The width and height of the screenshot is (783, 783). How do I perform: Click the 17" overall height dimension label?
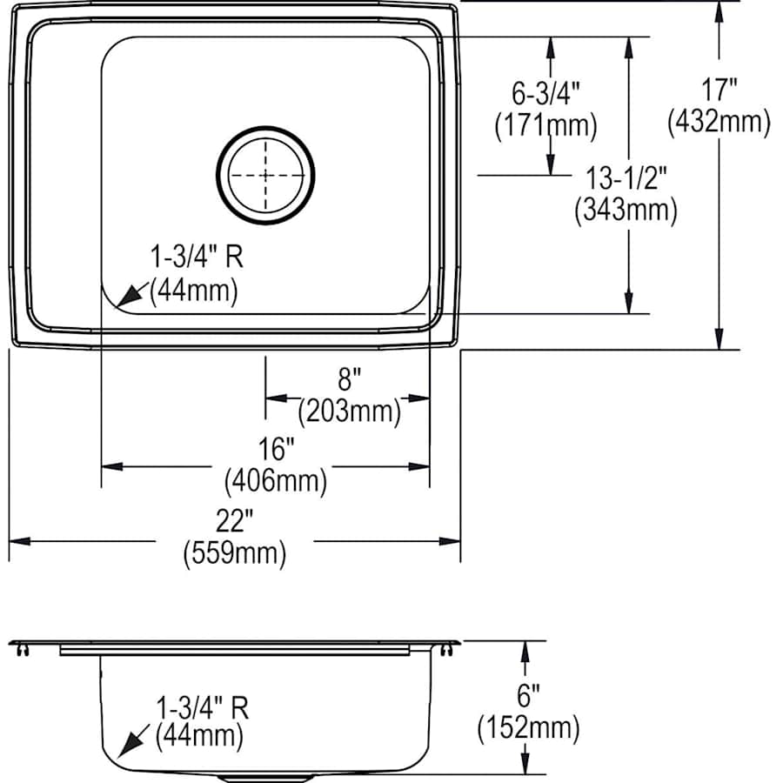[719, 90]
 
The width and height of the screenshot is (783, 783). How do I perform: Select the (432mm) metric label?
[719, 121]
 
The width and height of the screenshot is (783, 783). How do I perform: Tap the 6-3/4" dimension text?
[546, 93]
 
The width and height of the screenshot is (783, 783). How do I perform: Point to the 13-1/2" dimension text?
[626, 178]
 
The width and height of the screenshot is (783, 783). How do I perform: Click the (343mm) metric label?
[626, 210]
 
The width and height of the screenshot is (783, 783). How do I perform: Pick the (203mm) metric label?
[349, 412]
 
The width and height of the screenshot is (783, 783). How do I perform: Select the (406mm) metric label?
[276, 481]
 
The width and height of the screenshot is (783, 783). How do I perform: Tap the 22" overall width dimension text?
[234, 521]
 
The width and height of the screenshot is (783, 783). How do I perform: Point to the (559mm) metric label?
[235, 553]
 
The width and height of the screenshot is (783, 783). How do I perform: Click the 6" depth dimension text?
[528, 696]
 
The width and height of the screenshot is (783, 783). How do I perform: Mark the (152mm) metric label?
[528, 727]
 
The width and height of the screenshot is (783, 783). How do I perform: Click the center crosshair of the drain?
[265, 175]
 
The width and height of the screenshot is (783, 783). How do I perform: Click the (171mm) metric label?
[545, 124]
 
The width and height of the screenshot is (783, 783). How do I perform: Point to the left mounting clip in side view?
[23, 650]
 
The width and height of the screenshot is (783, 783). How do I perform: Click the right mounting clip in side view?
[447, 650]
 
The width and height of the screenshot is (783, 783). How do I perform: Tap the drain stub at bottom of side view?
[265, 778]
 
